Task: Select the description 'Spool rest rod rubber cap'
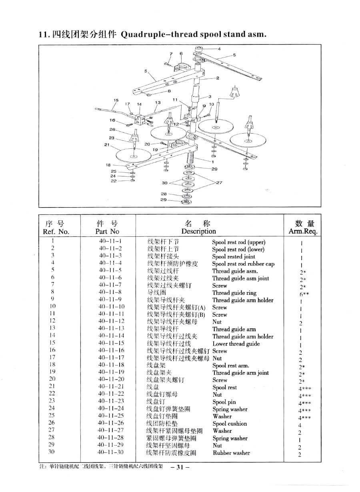pyautogui.click(x=243, y=264)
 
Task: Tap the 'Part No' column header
pyautogui.click(x=107, y=231)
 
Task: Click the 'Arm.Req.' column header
pyautogui.click(x=302, y=231)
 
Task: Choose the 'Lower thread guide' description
pyautogui.click(x=236, y=344)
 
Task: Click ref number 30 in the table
pyautogui.click(x=52, y=452)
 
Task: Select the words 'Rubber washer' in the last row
pyautogui.click(x=231, y=453)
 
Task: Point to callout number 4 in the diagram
pyautogui.click(x=219, y=49)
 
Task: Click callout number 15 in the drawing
pyautogui.click(x=116, y=100)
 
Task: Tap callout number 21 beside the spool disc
pyautogui.click(x=107, y=144)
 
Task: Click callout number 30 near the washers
pyautogui.click(x=164, y=183)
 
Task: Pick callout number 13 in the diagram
pyautogui.click(x=158, y=102)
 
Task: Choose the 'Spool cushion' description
pyautogui.click(x=230, y=424)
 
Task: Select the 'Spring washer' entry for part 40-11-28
pyautogui.click(x=230, y=438)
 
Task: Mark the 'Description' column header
pyautogui.click(x=198, y=231)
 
